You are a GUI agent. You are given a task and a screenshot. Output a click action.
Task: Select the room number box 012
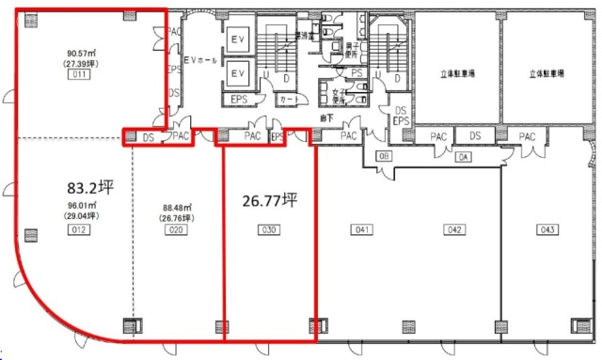coord(80,228)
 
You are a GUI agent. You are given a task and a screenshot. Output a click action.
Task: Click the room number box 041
coord(360,228)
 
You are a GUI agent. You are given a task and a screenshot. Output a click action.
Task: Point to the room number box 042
coord(454,228)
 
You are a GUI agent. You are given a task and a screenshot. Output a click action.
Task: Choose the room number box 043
coord(547,228)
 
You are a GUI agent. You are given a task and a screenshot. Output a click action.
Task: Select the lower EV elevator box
coord(238,73)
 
